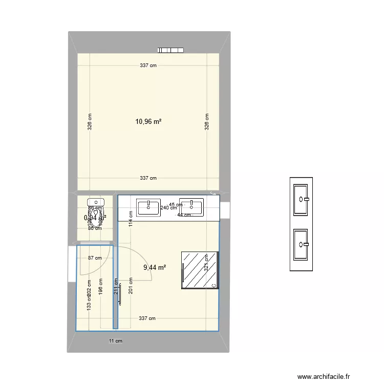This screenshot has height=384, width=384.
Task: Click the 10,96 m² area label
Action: tap(148, 122)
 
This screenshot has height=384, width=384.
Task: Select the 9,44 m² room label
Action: tap(154, 267)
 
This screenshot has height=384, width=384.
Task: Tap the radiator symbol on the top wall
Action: tap(170, 50)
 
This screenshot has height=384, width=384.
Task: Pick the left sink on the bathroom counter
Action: tap(148, 207)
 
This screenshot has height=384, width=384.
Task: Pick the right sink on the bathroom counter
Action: tap(191, 207)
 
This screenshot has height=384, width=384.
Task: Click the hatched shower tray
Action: tap(200, 270)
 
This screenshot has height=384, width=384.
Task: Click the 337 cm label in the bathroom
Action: tap(148, 318)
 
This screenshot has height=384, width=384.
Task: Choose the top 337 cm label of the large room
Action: tap(148, 65)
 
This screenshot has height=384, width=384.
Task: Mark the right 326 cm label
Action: tap(207, 122)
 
